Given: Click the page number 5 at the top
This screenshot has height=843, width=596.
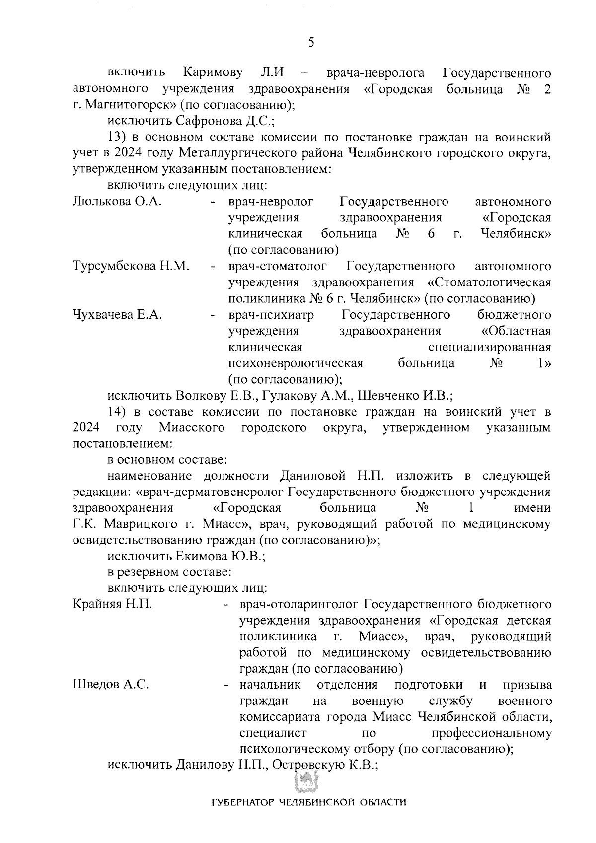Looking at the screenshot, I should tap(311, 42).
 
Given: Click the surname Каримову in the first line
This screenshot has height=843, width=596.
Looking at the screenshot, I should tap(213, 73).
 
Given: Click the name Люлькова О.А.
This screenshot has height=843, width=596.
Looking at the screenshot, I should tap(117, 201).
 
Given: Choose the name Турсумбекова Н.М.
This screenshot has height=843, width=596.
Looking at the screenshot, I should tap(131, 266).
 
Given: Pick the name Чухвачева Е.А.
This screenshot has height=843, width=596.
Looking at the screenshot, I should tap(117, 315).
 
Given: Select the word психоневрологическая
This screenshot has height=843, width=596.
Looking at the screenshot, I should tap(296, 363).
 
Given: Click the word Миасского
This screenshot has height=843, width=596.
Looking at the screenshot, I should tap(192, 427).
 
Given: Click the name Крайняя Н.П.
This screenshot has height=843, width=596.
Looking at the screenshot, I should tap(112, 604).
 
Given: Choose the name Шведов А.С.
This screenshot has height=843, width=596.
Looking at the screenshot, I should tap(110, 685).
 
